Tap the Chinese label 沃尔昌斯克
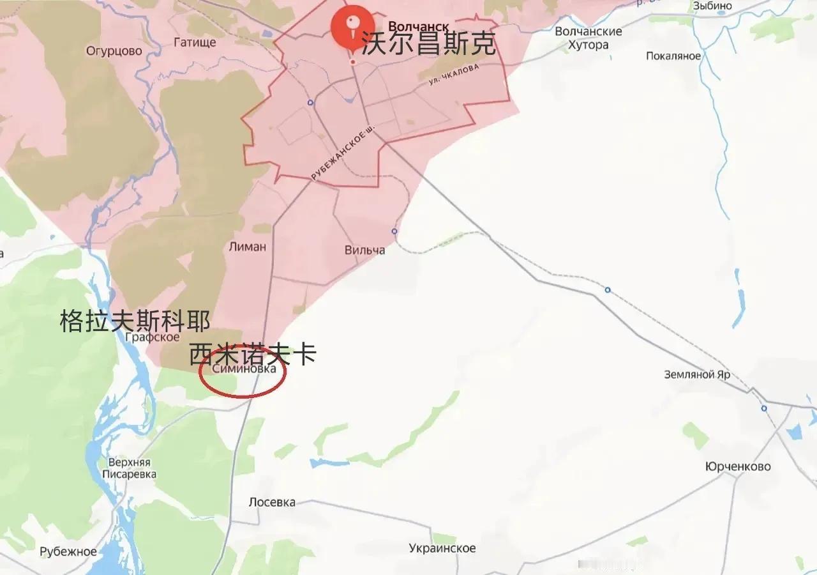[428, 44]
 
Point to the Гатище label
[195, 42]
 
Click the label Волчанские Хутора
[588, 38]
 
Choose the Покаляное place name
[673, 56]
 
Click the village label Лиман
[247, 247]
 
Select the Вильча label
[364, 250]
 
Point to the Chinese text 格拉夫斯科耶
[135, 321]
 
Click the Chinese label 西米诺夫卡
[253, 354]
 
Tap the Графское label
[153, 337]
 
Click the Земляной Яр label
[697, 374]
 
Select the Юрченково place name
[738, 466]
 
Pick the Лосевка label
[272, 502]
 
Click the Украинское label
[442, 548]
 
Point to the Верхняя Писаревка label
[129, 468]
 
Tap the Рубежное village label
[68, 552]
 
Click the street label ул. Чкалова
[453, 79]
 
